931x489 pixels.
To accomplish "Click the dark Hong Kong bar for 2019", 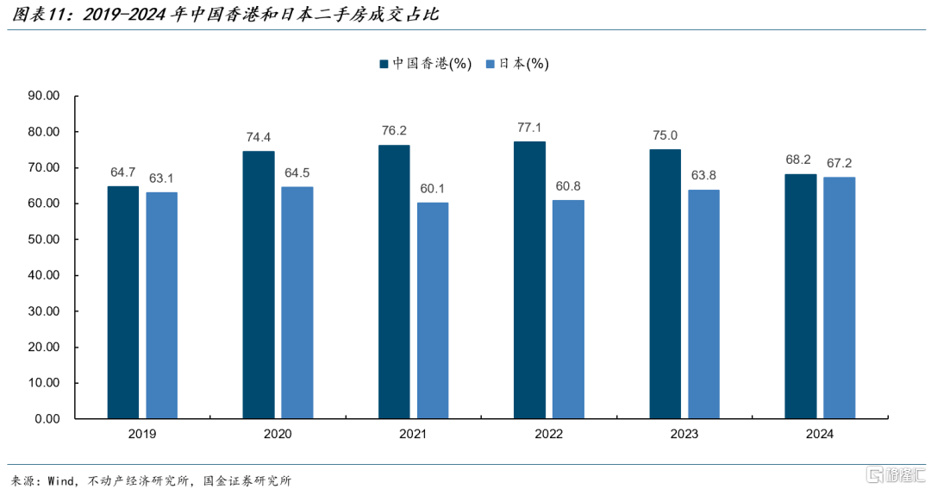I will tap(123, 302).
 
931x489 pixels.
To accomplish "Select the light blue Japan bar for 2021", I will tap(433, 310).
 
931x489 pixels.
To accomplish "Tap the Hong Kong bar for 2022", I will tap(529, 279).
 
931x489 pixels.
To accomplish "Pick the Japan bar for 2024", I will tap(840, 298).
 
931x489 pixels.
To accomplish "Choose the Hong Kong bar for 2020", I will tap(259, 285).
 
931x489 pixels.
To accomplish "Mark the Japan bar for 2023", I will tap(703, 304).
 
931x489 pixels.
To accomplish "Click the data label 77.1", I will tap(529, 128).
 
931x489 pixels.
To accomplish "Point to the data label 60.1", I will tap(433, 189).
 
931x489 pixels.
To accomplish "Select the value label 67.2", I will tap(840, 163).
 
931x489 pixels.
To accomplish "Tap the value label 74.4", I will tap(259, 137).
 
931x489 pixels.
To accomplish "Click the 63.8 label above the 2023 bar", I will tap(703, 175).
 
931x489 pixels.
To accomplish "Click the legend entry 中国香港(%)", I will tap(426, 64).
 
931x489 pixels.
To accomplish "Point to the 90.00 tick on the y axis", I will tap(42, 96).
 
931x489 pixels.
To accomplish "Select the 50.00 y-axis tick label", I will tap(42, 239).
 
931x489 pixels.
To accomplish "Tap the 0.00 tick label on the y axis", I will tap(46, 418).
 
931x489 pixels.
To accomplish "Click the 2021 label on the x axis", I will tap(413, 436).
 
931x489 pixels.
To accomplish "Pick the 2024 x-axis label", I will tap(820, 436).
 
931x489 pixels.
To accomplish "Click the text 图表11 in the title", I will tap(34, 15).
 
